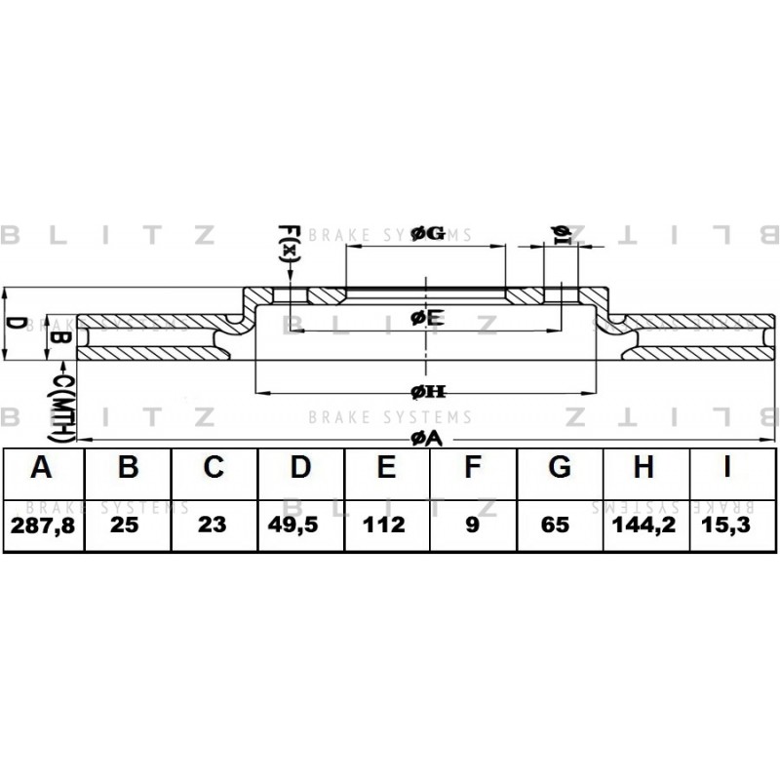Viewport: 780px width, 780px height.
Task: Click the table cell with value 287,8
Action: (x=43, y=526)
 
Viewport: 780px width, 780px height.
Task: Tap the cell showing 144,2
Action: (x=644, y=525)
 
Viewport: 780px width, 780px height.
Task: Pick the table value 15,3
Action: (x=725, y=525)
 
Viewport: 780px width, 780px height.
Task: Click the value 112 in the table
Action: (x=383, y=525)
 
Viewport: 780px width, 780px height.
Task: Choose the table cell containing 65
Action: (x=555, y=525)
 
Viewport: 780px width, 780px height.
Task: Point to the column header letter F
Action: (x=473, y=467)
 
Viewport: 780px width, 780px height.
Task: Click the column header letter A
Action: (x=41, y=467)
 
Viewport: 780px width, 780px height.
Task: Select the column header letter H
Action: (x=643, y=467)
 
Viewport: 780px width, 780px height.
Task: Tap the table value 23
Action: (x=212, y=525)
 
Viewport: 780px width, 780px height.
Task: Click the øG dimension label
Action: (x=428, y=233)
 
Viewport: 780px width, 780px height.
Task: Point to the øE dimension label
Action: (x=427, y=318)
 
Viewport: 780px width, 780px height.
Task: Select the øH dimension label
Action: (x=428, y=393)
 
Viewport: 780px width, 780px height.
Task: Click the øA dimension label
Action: (x=426, y=438)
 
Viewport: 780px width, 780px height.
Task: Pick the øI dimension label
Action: (x=562, y=235)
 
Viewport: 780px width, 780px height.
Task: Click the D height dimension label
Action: (x=16, y=324)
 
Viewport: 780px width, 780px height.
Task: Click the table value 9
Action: (x=473, y=525)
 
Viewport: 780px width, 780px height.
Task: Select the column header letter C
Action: (x=214, y=467)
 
